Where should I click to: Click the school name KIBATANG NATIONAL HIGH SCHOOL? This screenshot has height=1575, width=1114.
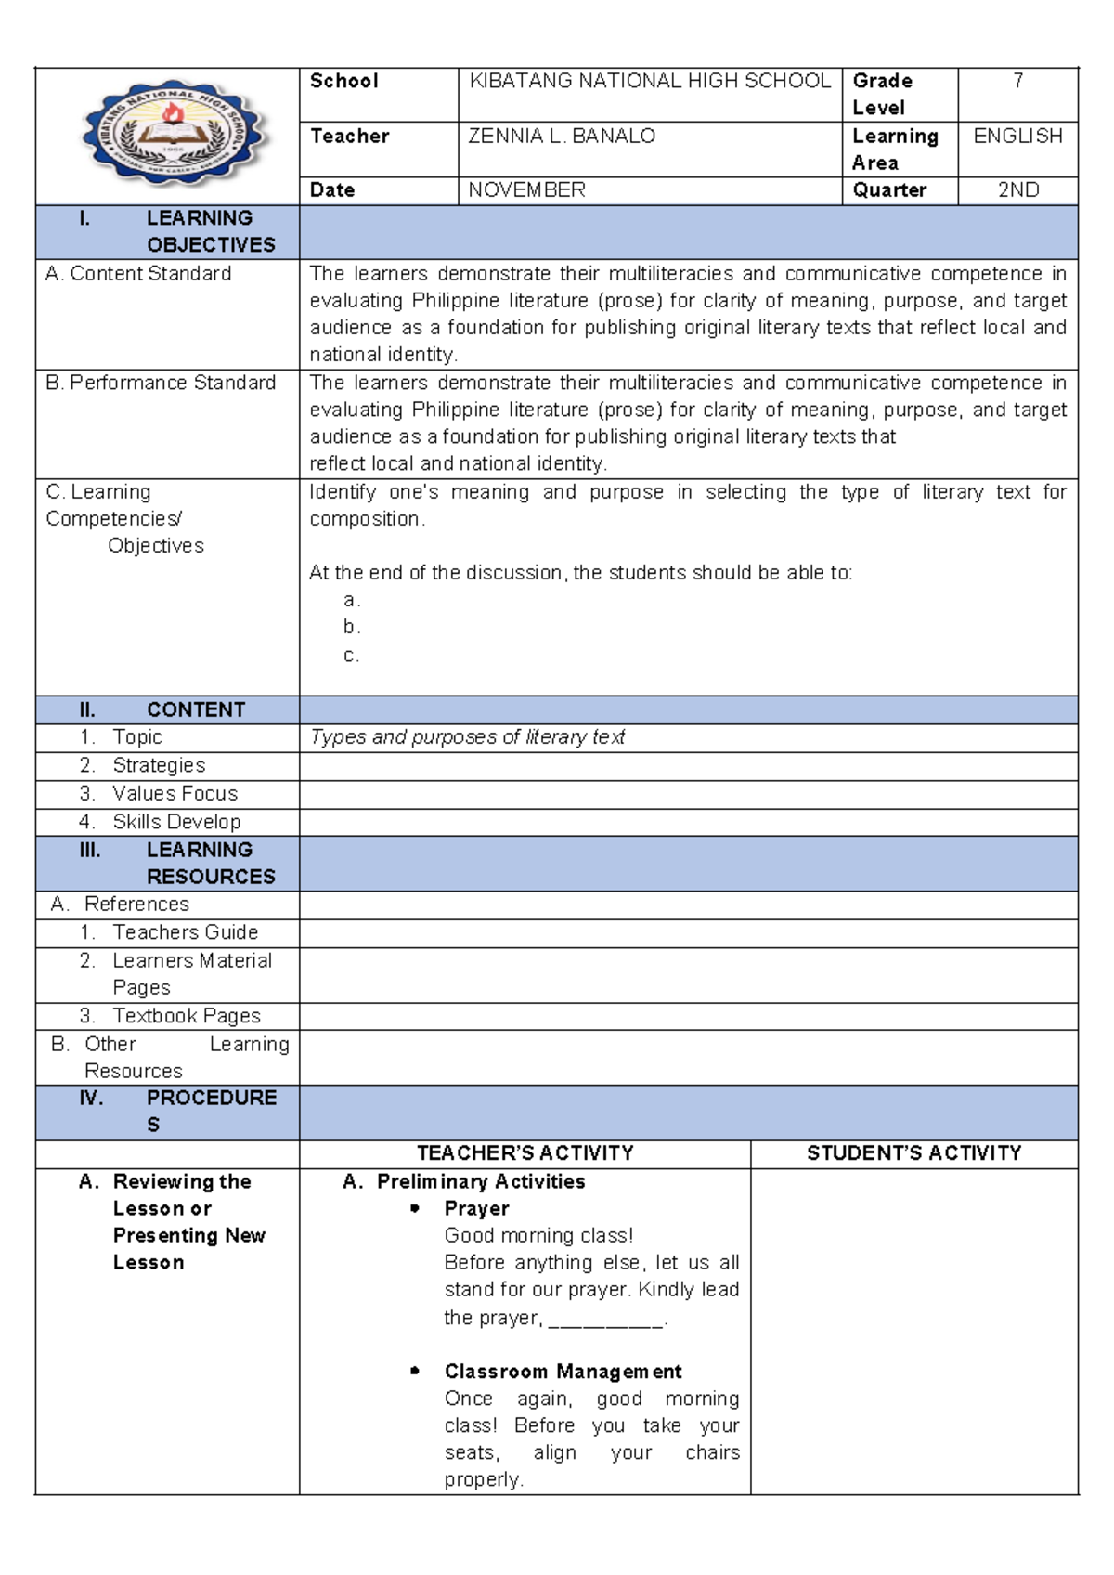tap(649, 82)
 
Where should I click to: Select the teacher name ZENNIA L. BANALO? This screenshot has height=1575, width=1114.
tap(562, 137)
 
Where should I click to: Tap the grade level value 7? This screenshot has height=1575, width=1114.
tap(1017, 82)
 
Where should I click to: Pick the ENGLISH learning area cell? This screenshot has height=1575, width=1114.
tap(1017, 137)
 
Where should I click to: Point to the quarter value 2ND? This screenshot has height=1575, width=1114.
tap(1017, 190)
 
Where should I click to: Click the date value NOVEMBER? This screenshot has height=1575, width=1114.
tap(526, 190)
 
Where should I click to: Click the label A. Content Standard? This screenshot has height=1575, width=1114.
tap(138, 274)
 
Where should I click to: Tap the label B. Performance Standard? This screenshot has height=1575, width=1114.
tap(161, 383)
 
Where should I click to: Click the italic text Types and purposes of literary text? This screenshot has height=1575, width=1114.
tap(467, 737)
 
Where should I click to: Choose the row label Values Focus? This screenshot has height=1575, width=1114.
tap(175, 794)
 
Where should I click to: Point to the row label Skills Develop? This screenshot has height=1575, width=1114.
tap(176, 822)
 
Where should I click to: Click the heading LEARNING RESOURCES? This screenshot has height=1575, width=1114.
tap(210, 863)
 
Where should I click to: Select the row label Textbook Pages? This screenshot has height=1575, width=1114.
tap(186, 1016)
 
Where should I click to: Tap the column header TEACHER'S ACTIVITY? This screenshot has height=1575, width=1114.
tap(525, 1153)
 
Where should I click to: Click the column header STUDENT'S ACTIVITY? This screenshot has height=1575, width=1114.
tap(913, 1153)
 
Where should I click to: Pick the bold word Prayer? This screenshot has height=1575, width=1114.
tap(476, 1208)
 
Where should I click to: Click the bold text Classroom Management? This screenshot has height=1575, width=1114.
tap(563, 1372)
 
